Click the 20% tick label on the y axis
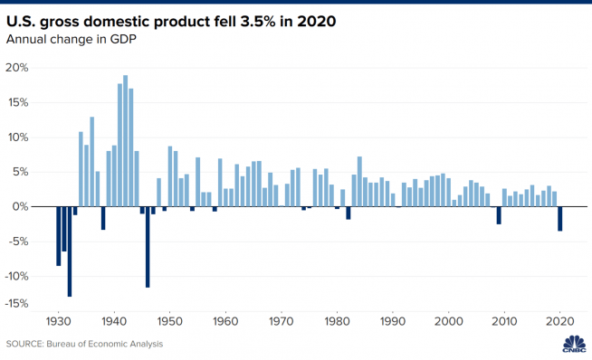[18, 68]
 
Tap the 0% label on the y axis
[23, 207]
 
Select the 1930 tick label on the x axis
[58, 320]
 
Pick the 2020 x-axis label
[560, 320]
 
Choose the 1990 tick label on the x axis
[393, 320]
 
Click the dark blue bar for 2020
[560, 219]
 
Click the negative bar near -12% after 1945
[148, 246]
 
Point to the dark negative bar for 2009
[499, 214]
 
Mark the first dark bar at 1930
[58, 235]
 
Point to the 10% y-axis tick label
[18, 137]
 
